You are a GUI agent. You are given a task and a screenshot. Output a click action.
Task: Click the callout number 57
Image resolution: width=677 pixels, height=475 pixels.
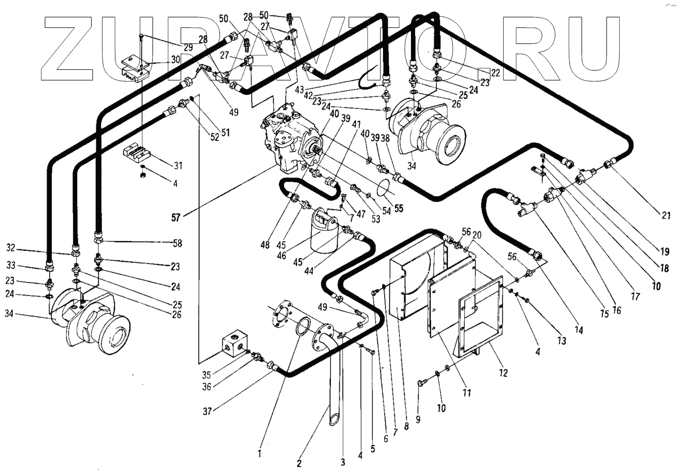[x=176, y=218]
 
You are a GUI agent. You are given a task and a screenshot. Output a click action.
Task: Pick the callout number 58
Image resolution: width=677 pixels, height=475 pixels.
[x=178, y=242]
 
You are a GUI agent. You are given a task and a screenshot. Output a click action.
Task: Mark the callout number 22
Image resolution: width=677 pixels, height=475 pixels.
[x=496, y=73]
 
